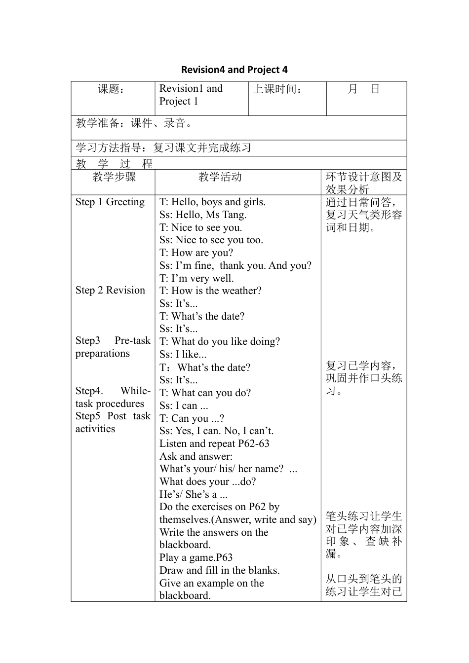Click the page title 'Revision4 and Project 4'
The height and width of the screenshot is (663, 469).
[x=234, y=70]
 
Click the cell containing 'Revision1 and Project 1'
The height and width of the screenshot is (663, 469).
[x=191, y=95]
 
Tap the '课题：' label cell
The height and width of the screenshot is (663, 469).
[x=112, y=89]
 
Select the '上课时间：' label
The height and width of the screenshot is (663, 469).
[x=278, y=89]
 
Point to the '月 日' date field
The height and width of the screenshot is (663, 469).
[x=364, y=89]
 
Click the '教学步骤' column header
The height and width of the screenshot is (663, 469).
[x=114, y=177]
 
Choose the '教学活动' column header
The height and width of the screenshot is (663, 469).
[x=220, y=177]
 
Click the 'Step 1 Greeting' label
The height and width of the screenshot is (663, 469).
[x=110, y=202]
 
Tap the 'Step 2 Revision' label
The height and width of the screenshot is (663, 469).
[x=110, y=290]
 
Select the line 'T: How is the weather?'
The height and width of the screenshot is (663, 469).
[x=210, y=291]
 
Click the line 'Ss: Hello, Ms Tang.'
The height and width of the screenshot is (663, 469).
[x=203, y=215]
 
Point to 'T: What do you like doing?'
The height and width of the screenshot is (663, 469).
[x=220, y=341]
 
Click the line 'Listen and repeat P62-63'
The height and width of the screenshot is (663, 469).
[x=214, y=443]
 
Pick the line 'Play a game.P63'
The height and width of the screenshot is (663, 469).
[x=196, y=557]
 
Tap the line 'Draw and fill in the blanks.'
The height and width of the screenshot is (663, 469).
[x=219, y=570]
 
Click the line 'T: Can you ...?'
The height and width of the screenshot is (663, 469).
[x=192, y=418]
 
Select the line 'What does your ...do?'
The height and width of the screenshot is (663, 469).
[x=207, y=481]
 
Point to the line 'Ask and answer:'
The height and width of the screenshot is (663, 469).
[x=196, y=456]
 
